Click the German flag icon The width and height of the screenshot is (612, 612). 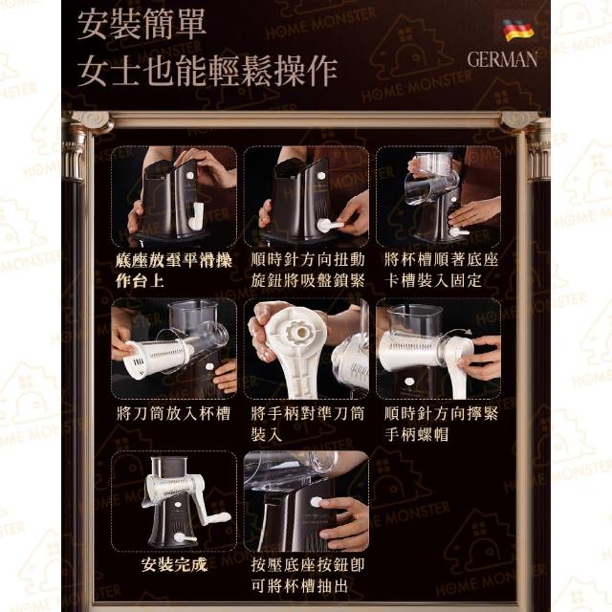click(x=518, y=30)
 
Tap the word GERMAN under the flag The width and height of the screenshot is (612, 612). click(x=502, y=59)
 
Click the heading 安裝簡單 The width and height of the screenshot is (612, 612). click(x=142, y=24)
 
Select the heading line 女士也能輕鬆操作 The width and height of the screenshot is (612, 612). click(x=208, y=70)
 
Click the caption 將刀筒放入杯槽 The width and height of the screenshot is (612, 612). click(x=174, y=413)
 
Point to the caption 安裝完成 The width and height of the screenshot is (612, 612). click(x=174, y=564)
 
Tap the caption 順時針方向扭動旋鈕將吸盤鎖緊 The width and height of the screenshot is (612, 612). click(x=308, y=270)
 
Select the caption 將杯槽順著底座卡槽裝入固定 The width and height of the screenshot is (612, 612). click(x=441, y=270)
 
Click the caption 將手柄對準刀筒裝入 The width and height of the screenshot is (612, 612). click(x=308, y=424)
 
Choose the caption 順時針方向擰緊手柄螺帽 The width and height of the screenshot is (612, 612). click(x=441, y=424)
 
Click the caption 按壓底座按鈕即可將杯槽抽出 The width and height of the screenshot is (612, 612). click(x=308, y=575)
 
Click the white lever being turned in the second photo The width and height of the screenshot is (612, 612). click(x=330, y=226)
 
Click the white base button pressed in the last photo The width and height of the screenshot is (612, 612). click(x=316, y=502)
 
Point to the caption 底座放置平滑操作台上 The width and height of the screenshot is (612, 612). click(x=174, y=270)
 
